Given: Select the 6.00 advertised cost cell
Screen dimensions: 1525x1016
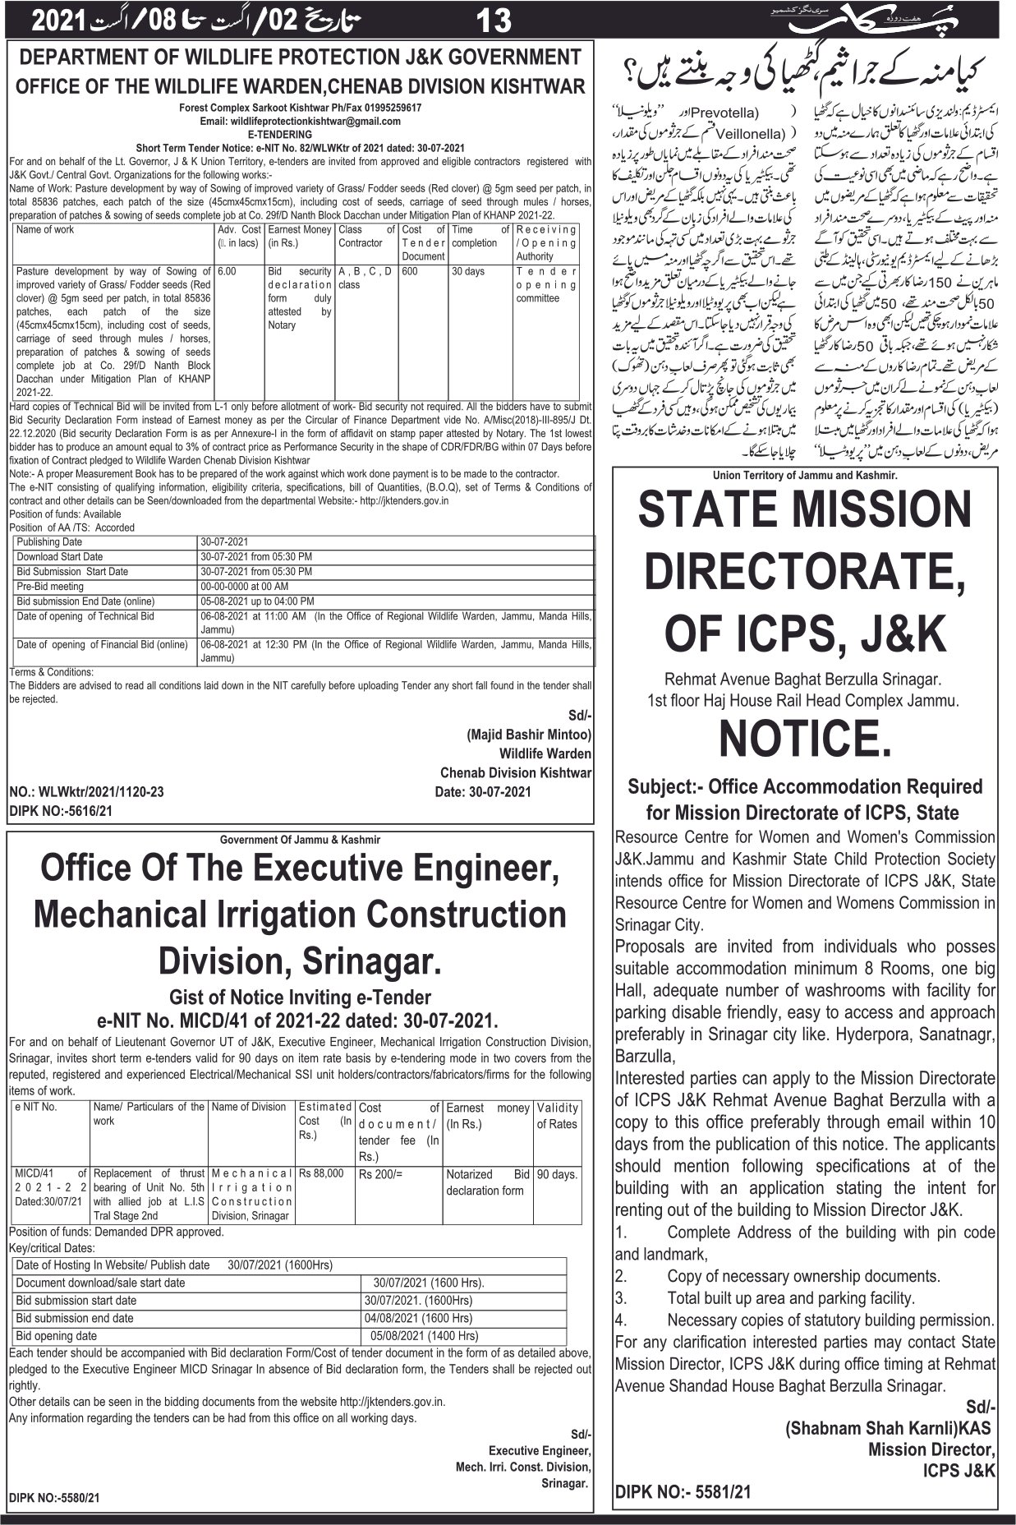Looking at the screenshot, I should [228, 271].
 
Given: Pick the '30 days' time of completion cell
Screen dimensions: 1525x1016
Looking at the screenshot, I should [468, 271].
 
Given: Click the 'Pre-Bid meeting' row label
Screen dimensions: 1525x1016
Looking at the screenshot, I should [51, 587].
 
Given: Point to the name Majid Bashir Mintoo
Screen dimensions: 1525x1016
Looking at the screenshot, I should [528, 734].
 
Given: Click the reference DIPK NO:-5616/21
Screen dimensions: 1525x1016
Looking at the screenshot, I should [61, 811].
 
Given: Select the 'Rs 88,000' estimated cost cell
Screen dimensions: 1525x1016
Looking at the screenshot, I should [322, 1173].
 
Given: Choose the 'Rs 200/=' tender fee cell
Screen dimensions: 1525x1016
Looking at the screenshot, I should [381, 1174].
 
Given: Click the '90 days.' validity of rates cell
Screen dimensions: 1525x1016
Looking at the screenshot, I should [557, 1175].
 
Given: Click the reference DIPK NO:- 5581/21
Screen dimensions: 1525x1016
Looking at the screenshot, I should [683, 1491].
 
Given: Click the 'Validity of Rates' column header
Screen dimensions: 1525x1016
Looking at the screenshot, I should [557, 1116].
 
